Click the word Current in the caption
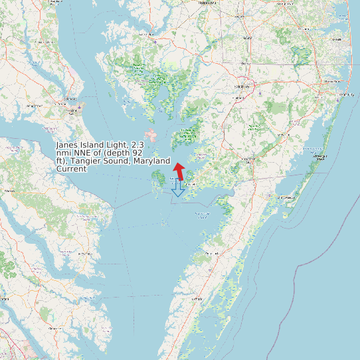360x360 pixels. pyautogui.click(x=71, y=169)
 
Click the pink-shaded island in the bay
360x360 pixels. pyautogui.click(x=151, y=135)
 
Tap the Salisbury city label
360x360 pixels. pyautogui.click(x=242, y=86)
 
